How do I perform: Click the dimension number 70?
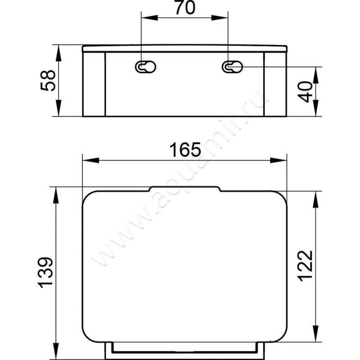(x=185, y=8)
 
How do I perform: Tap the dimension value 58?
(x=48, y=81)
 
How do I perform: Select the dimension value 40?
(x=306, y=92)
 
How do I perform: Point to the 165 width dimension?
(x=185, y=150)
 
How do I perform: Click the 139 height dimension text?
(x=45, y=273)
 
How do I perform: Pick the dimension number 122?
(x=305, y=266)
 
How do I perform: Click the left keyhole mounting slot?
(x=145, y=67)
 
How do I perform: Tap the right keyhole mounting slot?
(x=232, y=67)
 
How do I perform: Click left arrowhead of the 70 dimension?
(x=149, y=18)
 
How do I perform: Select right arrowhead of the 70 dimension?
(x=220, y=18)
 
